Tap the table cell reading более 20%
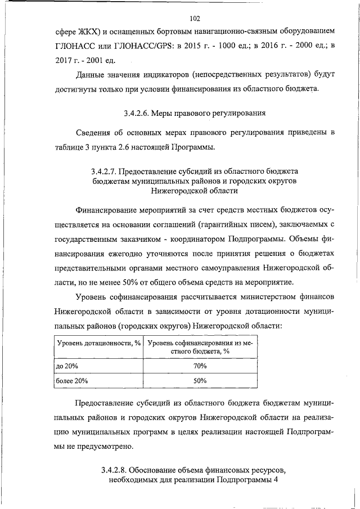(72, 381)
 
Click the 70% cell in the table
(200, 366)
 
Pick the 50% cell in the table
(200, 381)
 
